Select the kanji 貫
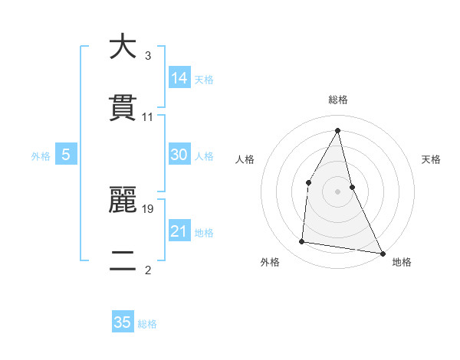pyautogui.click(x=123, y=108)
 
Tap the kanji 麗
pyautogui.click(x=123, y=200)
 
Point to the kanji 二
pyautogui.click(x=123, y=262)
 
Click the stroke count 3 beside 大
pyautogui.click(x=148, y=56)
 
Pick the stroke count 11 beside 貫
pyautogui.click(x=148, y=118)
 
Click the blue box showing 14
pyautogui.click(x=179, y=77)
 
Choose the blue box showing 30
pyautogui.click(x=179, y=155)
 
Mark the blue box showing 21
pyautogui.click(x=179, y=231)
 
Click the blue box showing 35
pyautogui.click(x=123, y=322)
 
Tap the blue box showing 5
pyautogui.click(x=66, y=155)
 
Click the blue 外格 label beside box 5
pyautogui.click(x=41, y=156)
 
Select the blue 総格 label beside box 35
pyautogui.click(x=147, y=324)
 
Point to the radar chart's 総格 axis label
pyautogui.click(x=338, y=100)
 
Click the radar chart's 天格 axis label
pyautogui.click(x=431, y=159)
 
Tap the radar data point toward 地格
pyautogui.click(x=382, y=253)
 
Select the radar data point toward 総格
pyautogui.click(x=338, y=129)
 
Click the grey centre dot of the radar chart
pyautogui.click(x=338, y=191)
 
